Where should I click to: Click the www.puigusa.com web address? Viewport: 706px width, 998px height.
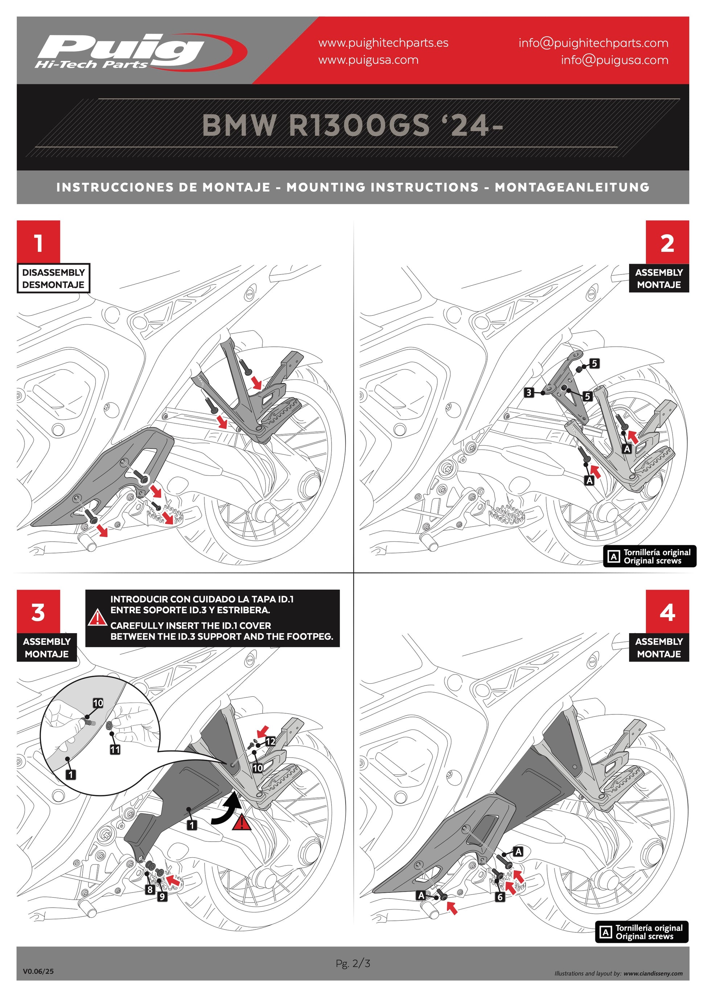(368, 60)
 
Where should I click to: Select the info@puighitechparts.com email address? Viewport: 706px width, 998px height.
(593, 43)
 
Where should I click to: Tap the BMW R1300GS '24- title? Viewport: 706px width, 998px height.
(353, 125)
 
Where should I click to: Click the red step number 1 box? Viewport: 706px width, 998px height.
(38, 242)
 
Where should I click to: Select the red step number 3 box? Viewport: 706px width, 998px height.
(38, 611)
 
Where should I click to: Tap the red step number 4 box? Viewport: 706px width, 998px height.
(667, 611)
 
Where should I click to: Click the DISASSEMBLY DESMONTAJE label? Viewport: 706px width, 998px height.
(53, 278)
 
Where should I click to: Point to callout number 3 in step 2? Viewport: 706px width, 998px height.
(529, 392)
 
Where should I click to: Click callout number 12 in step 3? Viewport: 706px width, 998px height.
(270, 741)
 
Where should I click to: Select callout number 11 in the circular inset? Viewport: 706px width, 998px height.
(115, 749)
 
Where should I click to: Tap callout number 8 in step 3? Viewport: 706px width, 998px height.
(150, 889)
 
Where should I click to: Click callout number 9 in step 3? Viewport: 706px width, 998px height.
(162, 896)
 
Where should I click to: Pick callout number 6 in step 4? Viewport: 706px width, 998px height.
(500, 897)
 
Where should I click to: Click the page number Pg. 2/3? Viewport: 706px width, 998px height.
(353, 963)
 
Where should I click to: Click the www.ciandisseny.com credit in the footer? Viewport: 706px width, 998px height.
(653, 974)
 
